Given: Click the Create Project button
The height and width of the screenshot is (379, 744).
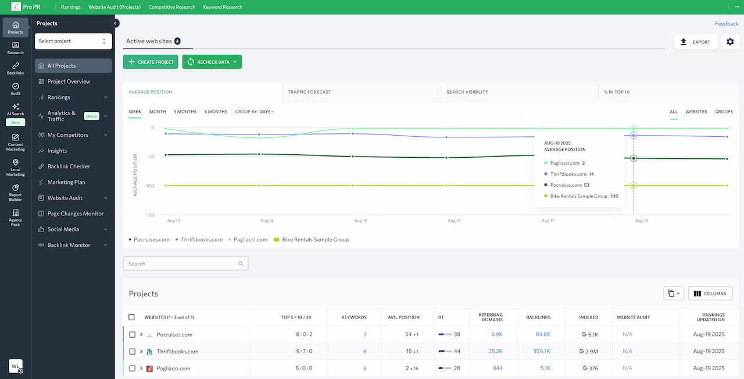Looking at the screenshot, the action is [151, 62].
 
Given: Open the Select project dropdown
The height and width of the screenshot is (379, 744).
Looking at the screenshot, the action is [73, 41].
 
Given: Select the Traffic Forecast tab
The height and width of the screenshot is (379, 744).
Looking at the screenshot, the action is [309, 92].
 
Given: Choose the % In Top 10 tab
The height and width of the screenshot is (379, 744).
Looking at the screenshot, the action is [617, 92].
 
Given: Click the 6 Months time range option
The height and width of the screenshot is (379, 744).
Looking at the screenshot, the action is [216, 111].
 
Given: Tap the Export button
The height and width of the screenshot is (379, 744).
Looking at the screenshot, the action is [696, 42].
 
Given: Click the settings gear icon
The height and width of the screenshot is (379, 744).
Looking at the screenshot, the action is [730, 41].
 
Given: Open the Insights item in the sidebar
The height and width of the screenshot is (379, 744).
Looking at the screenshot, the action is [57, 151].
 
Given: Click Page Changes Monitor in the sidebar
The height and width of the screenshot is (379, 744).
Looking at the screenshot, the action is [76, 214].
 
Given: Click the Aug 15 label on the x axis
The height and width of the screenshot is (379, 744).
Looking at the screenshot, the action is [360, 221].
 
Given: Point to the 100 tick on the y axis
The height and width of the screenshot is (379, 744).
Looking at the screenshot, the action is [150, 186].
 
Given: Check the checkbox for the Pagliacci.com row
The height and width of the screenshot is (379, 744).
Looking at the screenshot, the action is [132, 369].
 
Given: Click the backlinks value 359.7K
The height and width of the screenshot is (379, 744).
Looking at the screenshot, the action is [542, 351].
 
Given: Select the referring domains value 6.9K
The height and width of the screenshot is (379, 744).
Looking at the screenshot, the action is [497, 334].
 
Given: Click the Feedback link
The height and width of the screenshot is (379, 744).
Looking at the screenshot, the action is [727, 24].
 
